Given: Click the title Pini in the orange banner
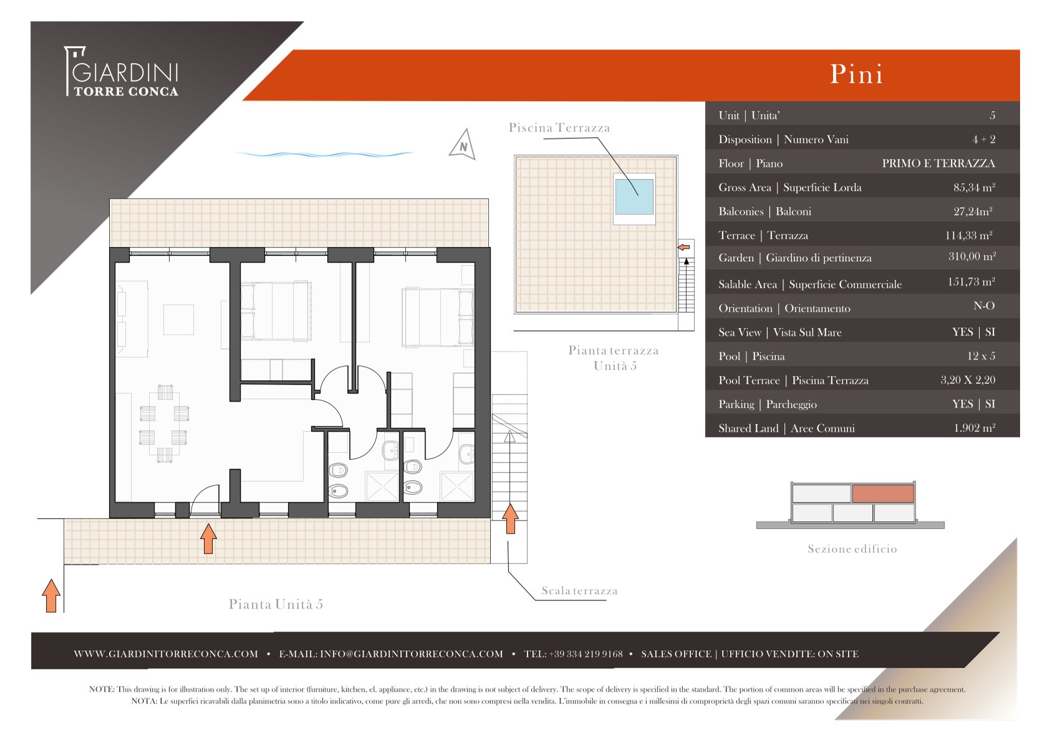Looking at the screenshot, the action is [x=857, y=74].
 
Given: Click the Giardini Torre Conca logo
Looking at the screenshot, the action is [x=122, y=71].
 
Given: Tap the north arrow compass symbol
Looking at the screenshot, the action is [x=463, y=144].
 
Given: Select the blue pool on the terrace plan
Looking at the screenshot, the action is [x=634, y=196].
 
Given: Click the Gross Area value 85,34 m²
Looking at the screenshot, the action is [x=974, y=188].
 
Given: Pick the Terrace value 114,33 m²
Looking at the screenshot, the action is [x=968, y=235].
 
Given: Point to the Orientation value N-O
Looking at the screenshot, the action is [x=984, y=306].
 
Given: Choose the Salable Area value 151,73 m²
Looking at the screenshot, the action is [x=971, y=282].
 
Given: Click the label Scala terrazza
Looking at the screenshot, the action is [x=579, y=590].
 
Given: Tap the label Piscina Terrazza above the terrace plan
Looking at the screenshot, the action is [x=559, y=127].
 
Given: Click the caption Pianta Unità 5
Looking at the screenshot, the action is [x=276, y=604].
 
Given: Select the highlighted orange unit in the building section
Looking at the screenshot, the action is [x=883, y=494].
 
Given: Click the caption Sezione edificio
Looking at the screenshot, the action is [x=852, y=549].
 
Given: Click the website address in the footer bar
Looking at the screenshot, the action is [x=166, y=654].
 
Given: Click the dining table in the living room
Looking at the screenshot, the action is [x=164, y=424].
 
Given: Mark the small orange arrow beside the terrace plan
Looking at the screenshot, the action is [x=684, y=247].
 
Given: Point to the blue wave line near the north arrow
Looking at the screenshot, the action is [x=324, y=154].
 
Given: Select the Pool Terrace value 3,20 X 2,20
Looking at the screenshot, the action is [x=968, y=380].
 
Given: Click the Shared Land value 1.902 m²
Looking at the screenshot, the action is [x=975, y=428].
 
